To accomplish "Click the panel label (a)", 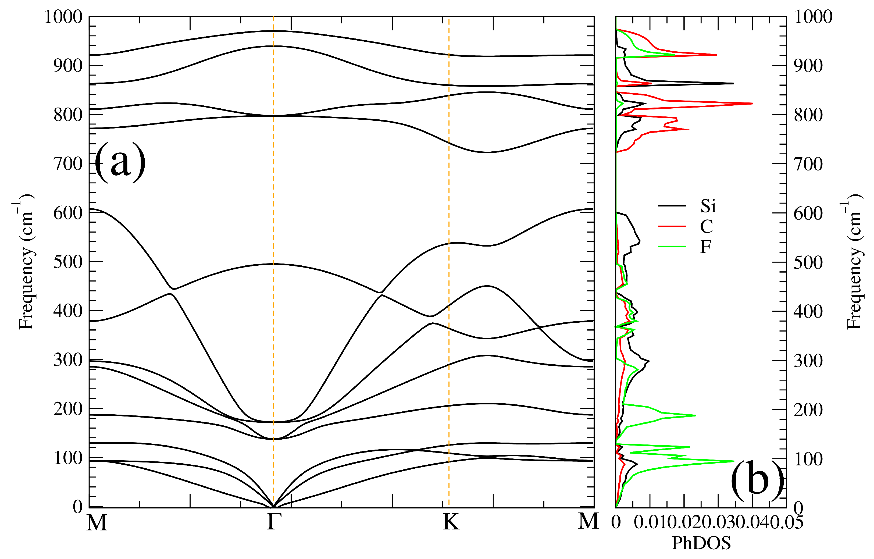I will click(120, 162).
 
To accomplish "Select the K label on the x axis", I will click(451, 522).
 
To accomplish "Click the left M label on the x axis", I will click(97, 522).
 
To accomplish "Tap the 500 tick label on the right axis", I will click(808, 262).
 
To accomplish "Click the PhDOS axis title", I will click(701, 543).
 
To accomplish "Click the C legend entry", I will click(706, 226).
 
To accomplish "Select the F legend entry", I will click(705, 247).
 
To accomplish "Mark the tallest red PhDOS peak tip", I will click(753, 104).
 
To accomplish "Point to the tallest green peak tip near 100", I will click(734, 461).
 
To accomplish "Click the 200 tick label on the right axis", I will click(808, 410).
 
